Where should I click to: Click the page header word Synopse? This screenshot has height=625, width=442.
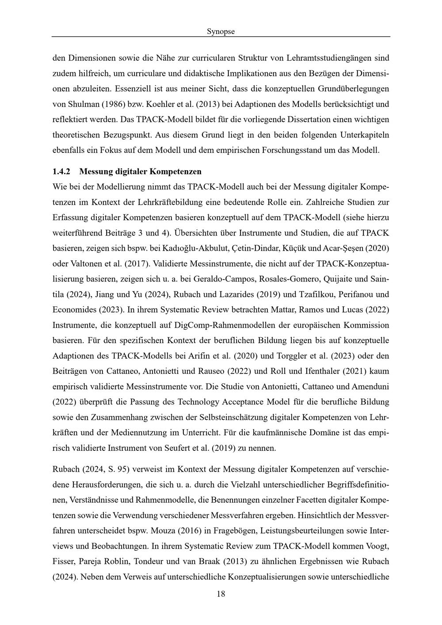click(x=221, y=31)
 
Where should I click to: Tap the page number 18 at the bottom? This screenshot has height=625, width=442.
click(x=221, y=594)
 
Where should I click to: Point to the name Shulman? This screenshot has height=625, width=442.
click(x=84, y=104)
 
